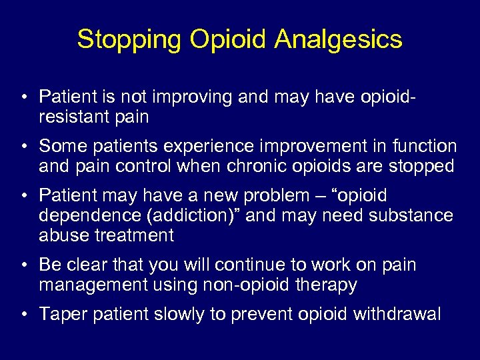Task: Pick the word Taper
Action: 61,314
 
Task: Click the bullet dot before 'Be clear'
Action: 23,265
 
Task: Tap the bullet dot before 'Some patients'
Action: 23,146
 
